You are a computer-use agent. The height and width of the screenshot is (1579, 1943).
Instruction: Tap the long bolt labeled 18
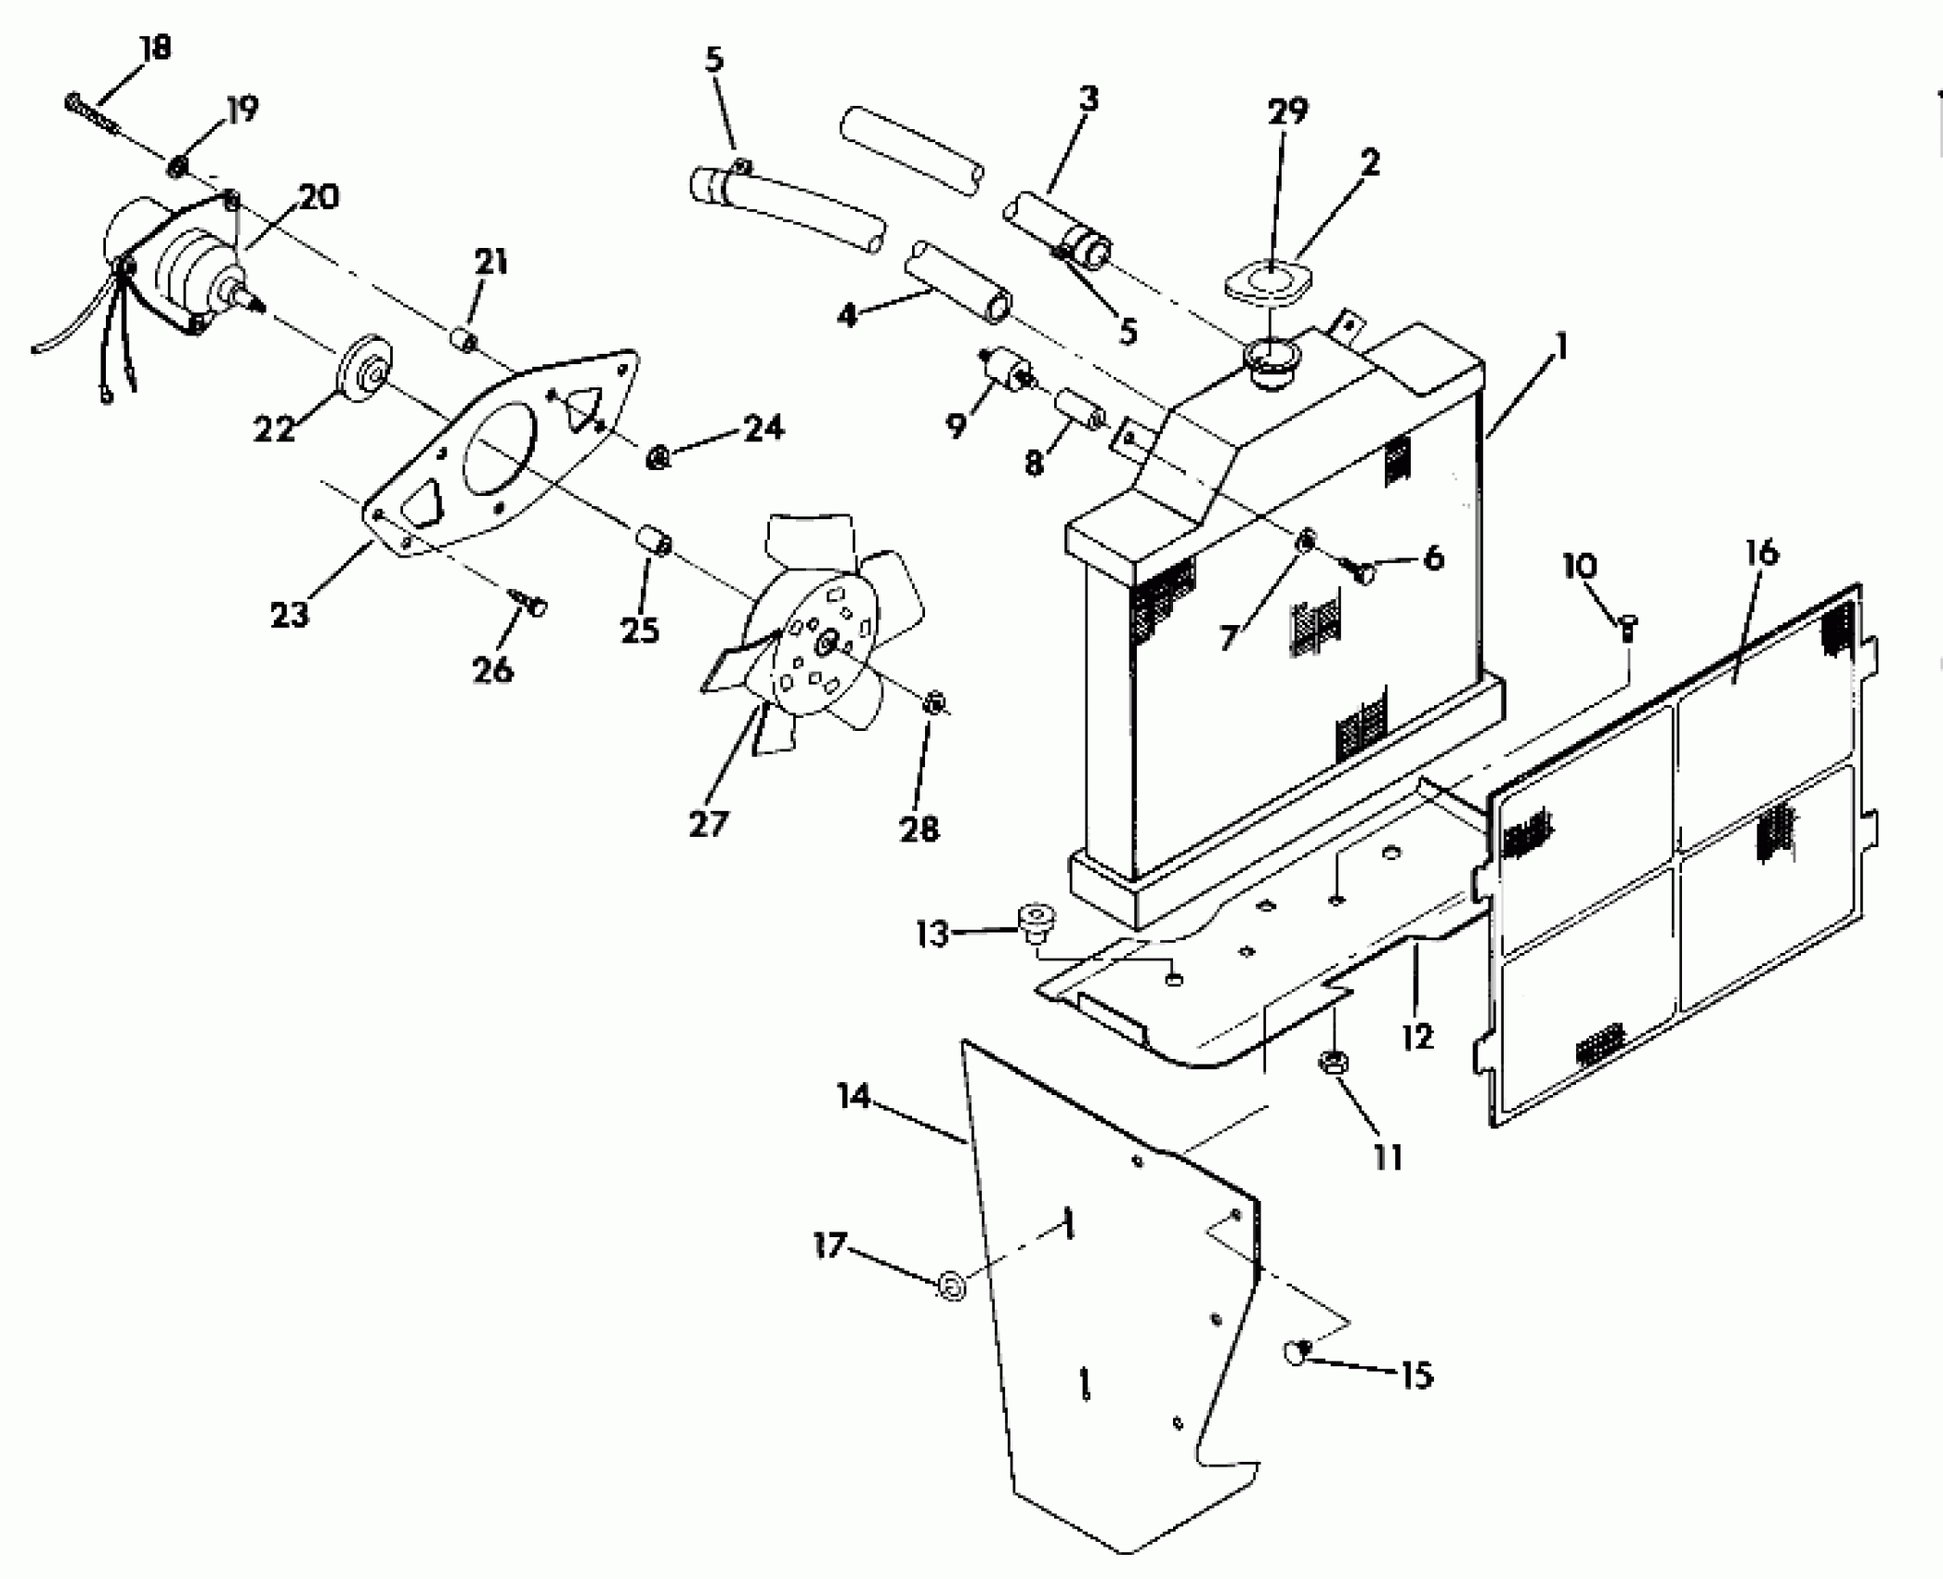click(x=91, y=114)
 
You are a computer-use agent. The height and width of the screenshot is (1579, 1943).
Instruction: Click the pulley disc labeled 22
click(x=366, y=372)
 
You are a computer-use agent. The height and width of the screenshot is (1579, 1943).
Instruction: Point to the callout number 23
click(x=289, y=614)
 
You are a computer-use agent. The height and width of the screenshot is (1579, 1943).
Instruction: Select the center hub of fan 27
click(x=825, y=642)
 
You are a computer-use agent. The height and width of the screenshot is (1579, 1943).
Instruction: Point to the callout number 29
click(x=1287, y=111)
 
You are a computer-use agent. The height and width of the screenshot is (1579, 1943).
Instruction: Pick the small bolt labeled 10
click(x=1627, y=629)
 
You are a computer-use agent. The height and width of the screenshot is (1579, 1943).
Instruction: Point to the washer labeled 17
click(x=951, y=1287)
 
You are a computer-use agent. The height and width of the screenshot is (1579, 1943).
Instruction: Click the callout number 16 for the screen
click(x=1761, y=554)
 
